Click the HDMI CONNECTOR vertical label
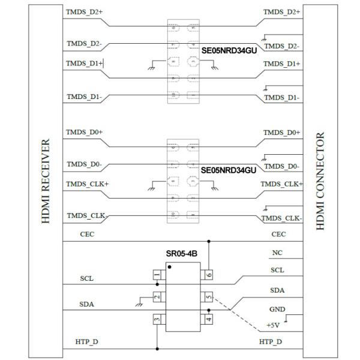(x=320, y=180)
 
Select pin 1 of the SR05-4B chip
(x=157, y=274)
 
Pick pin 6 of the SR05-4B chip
(x=209, y=274)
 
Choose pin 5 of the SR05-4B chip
(x=209, y=296)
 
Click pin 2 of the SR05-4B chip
(x=157, y=296)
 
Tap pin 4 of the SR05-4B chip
(x=209, y=319)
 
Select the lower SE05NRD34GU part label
(x=229, y=170)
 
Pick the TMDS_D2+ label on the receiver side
(x=85, y=12)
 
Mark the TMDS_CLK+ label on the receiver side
(x=88, y=184)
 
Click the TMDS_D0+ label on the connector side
(x=281, y=133)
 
